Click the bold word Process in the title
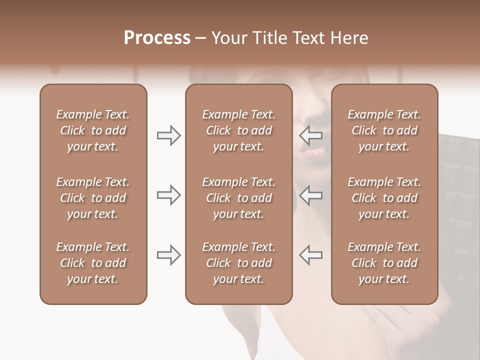[x=157, y=38]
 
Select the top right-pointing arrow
[x=168, y=135]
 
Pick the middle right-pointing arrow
[x=168, y=195]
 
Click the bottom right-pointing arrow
[x=168, y=255]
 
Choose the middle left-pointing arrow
[x=310, y=195]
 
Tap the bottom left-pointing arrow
[x=310, y=255]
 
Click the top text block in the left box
[x=93, y=130]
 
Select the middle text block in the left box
[x=93, y=198]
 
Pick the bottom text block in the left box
[x=93, y=263]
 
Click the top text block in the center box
[x=238, y=130]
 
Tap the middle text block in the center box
[x=238, y=198]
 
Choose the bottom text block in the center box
[x=238, y=263]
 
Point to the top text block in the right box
[x=384, y=130]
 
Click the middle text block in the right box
[x=384, y=198]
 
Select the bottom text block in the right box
[x=384, y=263]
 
